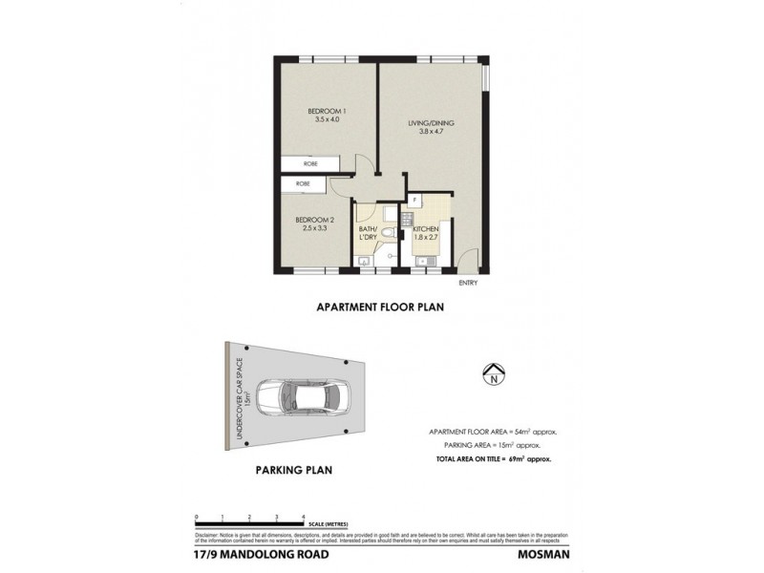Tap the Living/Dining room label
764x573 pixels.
427,123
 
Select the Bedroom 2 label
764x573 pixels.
313,220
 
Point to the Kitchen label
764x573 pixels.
426,229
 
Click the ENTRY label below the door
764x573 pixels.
467,282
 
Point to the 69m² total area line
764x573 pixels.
494,459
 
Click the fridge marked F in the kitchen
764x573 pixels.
415,201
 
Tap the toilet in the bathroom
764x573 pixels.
382,232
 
